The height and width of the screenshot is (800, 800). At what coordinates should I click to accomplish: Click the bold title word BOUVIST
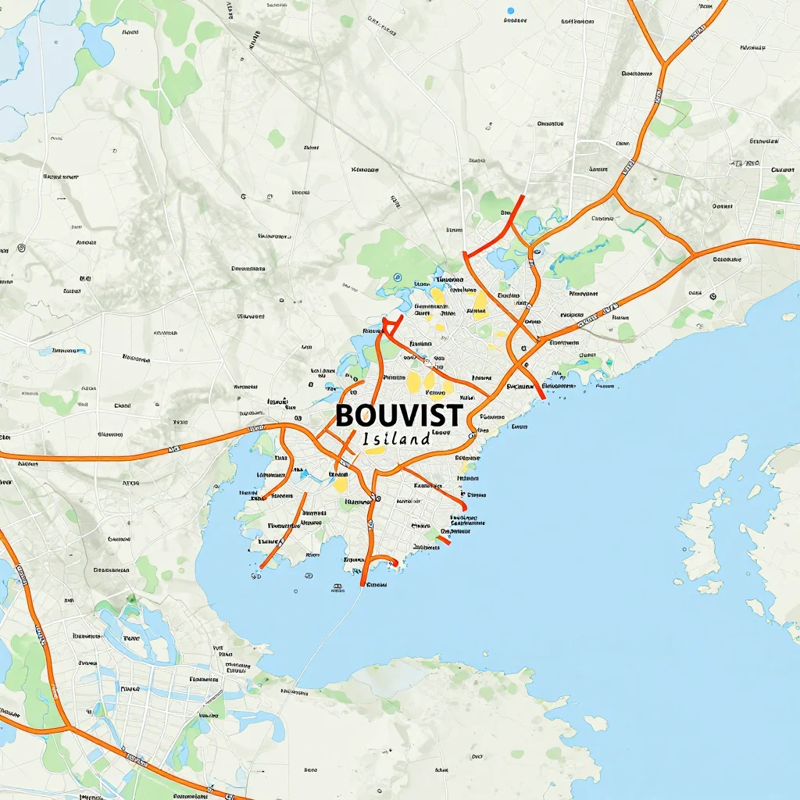(399, 414)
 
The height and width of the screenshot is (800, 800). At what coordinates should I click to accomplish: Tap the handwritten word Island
(397, 438)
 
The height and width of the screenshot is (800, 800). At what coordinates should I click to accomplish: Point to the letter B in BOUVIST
(345, 415)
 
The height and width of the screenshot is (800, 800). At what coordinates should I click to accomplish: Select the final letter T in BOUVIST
(455, 414)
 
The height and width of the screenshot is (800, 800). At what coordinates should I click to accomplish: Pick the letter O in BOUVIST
(364, 415)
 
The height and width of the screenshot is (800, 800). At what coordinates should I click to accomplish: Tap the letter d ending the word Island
(425, 437)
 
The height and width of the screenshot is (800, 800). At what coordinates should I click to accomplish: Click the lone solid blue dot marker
(511, 11)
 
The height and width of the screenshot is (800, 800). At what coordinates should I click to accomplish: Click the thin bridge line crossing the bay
(328, 633)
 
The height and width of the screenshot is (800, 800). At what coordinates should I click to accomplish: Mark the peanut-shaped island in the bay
(723, 461)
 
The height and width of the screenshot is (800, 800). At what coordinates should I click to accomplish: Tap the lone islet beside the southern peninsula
(595, 723)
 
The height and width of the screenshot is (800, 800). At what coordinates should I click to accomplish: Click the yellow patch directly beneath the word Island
(376, 450)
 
